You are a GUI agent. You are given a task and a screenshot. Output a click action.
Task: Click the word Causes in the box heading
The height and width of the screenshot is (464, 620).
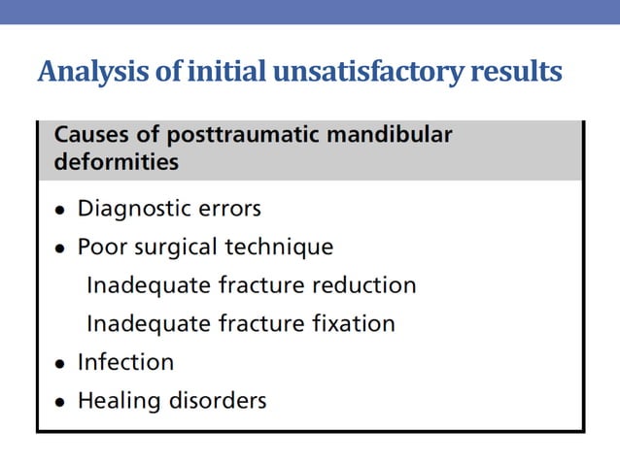89,135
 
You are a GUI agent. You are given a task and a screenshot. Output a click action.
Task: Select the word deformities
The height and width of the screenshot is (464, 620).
116,162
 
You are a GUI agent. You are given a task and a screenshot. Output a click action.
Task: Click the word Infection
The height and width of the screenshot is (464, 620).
125,362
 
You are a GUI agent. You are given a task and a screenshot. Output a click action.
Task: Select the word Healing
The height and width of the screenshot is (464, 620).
116,400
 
